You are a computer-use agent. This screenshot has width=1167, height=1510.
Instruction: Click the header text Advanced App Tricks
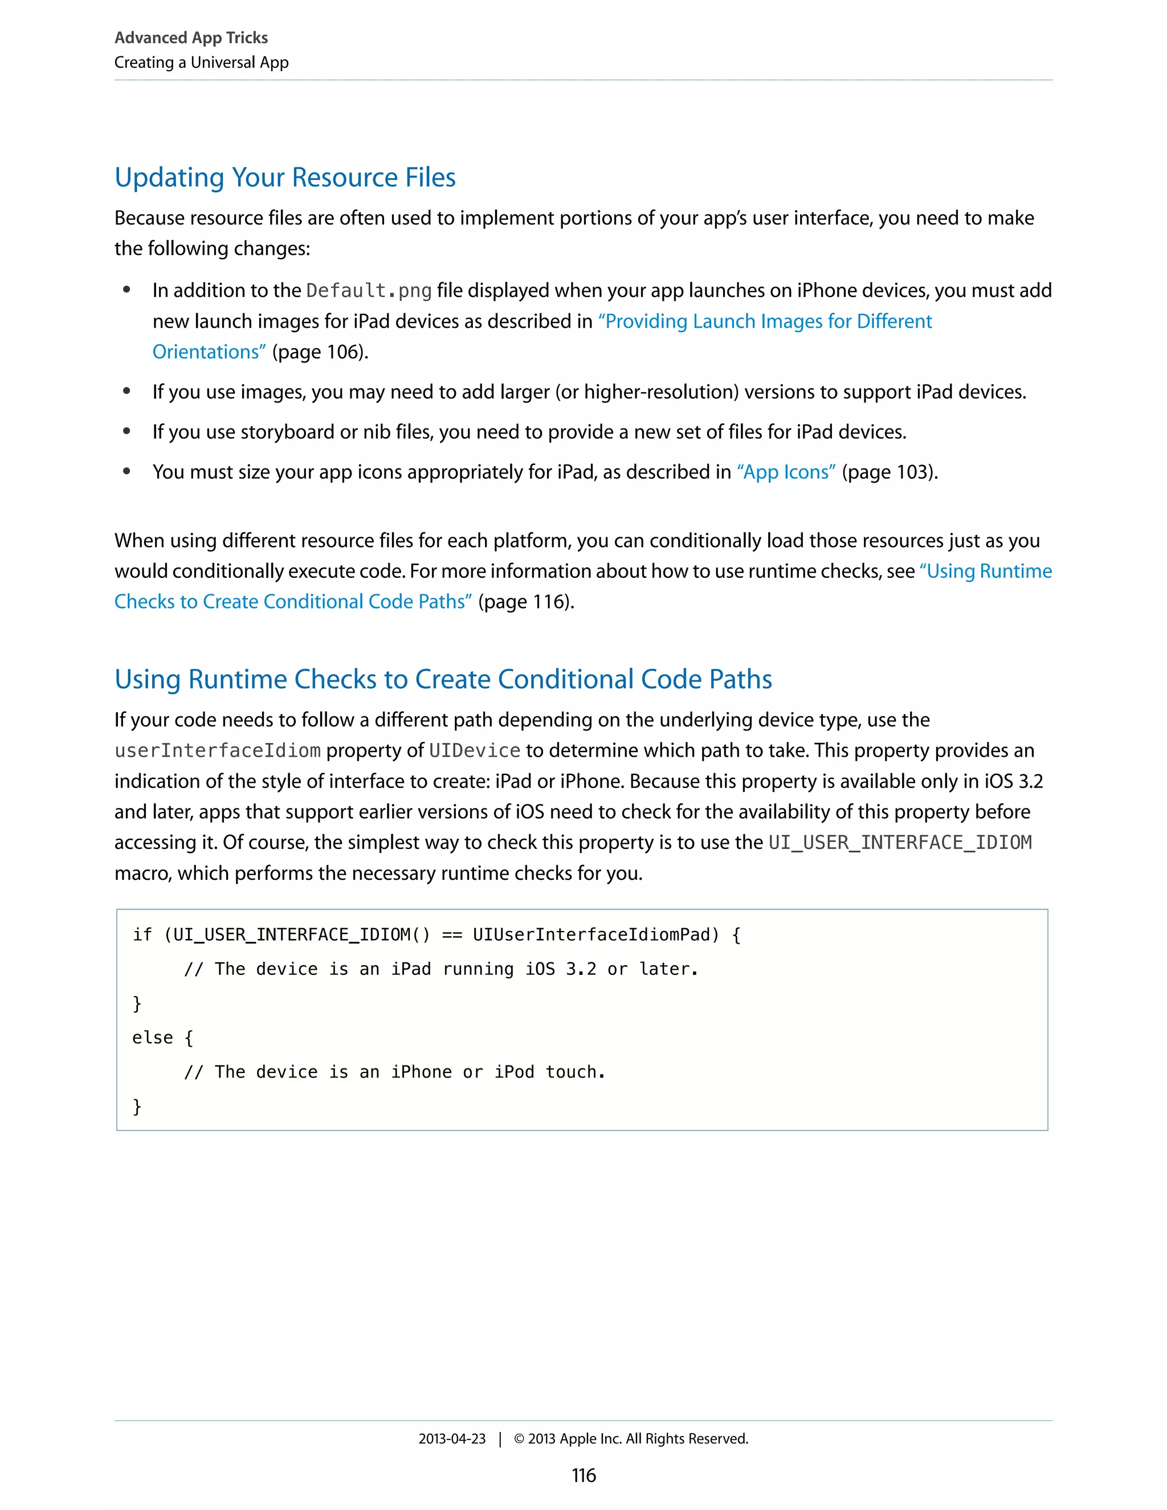pos(191,38)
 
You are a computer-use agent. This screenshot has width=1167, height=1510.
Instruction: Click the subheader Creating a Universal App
pos(201,62)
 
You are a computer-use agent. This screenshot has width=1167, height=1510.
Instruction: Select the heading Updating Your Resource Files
pos(285,178)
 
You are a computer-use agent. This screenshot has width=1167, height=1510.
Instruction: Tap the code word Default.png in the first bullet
pos(369,291)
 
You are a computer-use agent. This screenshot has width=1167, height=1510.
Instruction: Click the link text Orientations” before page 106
pos(209,352)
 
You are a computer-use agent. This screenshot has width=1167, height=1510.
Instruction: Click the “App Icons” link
pos(786,472)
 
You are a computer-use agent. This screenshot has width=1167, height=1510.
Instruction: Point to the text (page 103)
pos(889,472)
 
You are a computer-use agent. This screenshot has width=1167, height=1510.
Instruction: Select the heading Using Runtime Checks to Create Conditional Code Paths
pos(443,679)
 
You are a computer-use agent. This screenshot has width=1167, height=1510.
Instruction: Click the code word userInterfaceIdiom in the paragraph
pos(217,751)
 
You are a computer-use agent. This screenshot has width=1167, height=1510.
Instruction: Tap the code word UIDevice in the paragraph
pos(474,751)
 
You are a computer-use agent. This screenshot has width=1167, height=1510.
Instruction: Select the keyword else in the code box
pos(152,1038)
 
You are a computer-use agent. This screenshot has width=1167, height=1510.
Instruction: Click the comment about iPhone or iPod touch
pos(395,1072)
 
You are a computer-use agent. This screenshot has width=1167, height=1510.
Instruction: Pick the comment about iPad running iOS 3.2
pos(441,969)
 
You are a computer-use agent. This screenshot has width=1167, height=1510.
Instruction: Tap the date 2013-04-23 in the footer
pos(451,1439)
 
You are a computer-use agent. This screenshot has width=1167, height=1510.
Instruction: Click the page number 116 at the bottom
pos(583,1475)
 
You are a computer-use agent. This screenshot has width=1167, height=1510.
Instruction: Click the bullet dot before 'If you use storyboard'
pos(127,431)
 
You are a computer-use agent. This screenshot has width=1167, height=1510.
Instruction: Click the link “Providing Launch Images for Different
pos(765,321)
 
